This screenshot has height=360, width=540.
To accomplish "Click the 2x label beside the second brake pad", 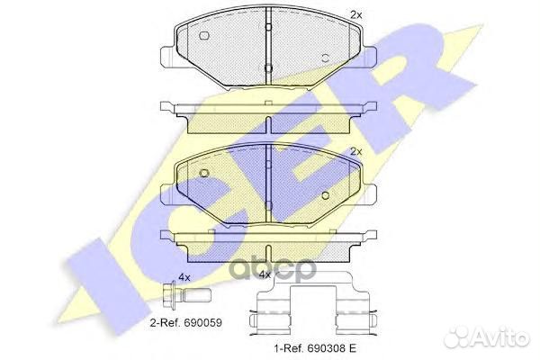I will coord(355,151).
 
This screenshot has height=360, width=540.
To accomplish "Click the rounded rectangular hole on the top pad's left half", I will coord(205,37).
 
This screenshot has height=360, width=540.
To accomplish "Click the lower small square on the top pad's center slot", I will coord(268,67).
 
